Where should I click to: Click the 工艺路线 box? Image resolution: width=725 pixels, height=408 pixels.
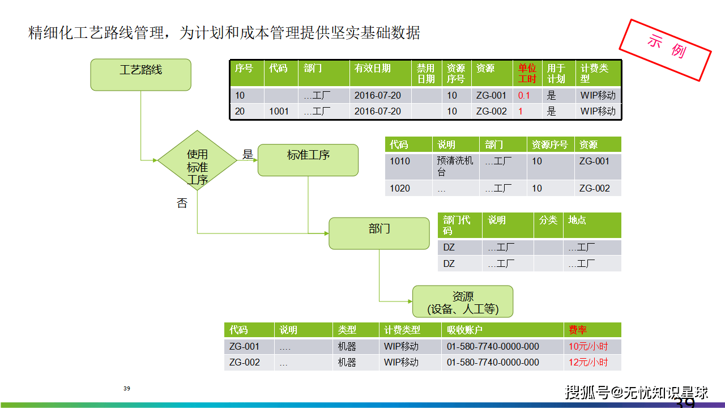[141, 75]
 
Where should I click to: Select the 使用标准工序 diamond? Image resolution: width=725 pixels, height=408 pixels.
[197, 160]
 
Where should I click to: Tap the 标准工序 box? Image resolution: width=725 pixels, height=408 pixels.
[308, 160]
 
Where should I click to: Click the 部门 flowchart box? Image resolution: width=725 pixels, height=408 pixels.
[379, 233]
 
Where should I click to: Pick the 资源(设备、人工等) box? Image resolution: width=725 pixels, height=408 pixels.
[463, 301]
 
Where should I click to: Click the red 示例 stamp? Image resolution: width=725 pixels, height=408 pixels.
[665, 50]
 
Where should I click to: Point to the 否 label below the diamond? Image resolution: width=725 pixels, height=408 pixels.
[182, 203]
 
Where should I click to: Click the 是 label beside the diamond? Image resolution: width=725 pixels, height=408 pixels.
[248, 154]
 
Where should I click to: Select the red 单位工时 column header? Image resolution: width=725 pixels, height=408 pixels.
[527, 74]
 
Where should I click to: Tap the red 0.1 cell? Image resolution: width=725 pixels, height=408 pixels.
[524, 96]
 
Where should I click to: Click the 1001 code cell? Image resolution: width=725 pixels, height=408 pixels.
[279, 112]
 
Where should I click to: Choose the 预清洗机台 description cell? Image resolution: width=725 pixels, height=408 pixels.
[455, 166]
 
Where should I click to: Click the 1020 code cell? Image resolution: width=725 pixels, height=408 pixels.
[400, 188]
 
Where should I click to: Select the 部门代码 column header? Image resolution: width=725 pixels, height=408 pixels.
[457, 226]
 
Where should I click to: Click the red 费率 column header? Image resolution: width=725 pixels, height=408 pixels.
[578, 330]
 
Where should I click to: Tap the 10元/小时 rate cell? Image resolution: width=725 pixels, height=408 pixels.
[588, 346]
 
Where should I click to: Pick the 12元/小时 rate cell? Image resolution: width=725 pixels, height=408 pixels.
[588, 362]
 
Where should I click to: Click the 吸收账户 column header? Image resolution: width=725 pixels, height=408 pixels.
[464, 330]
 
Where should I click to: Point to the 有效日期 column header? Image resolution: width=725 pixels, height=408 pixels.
[372, 69]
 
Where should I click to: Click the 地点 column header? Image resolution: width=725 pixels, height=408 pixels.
[577, 220]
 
